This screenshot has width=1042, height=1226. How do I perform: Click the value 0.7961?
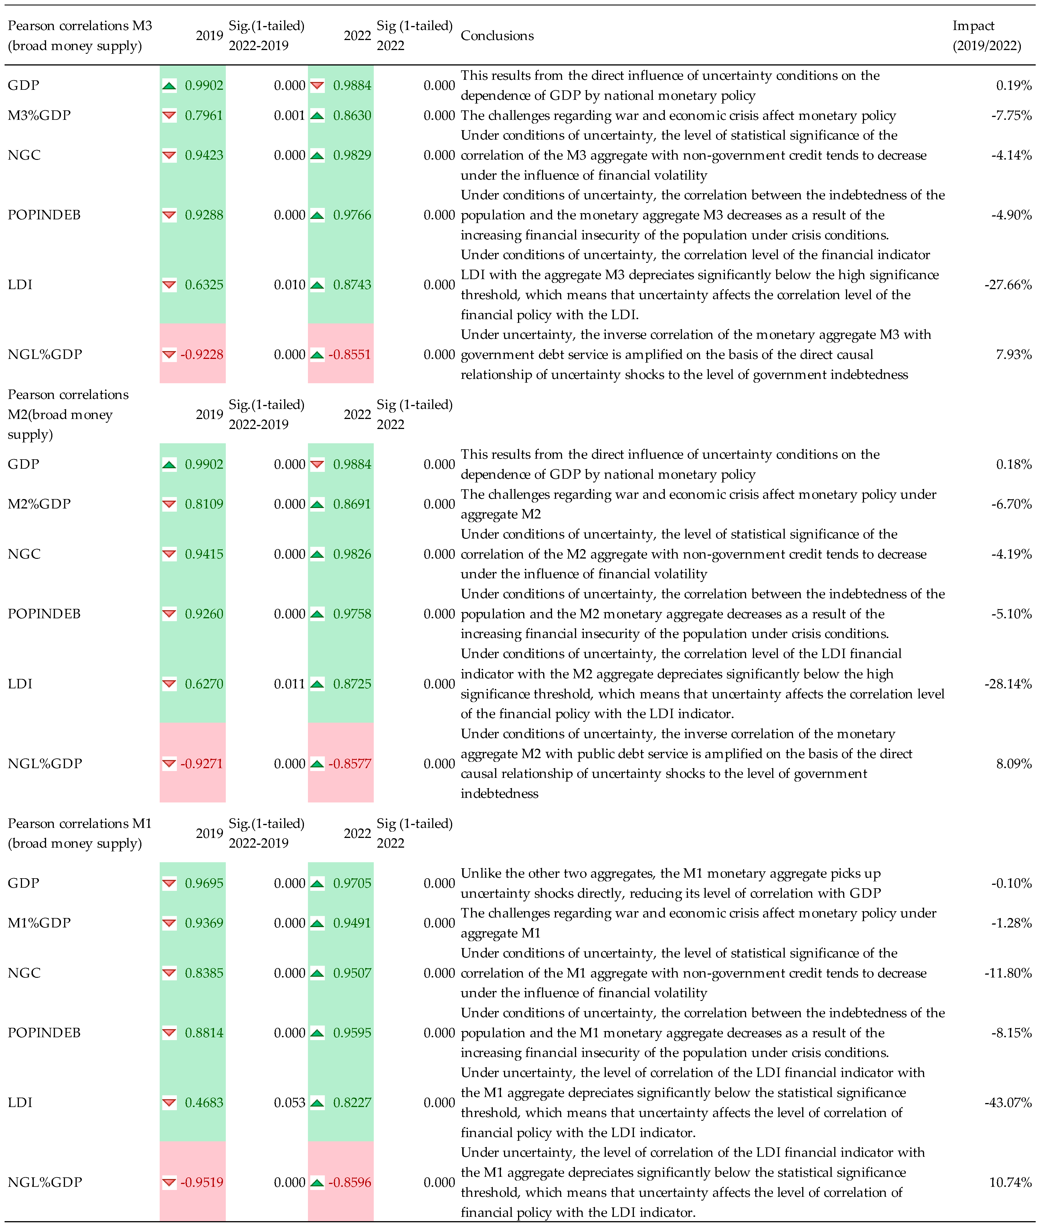(204, 116)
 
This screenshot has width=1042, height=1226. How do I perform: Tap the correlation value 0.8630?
(352, 116)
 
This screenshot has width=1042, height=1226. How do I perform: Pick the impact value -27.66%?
(1008, 285)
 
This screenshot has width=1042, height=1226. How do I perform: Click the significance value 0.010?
(289, 285)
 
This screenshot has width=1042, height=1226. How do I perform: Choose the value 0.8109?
(204, 504)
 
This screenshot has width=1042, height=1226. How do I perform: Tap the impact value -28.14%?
(1008, 684)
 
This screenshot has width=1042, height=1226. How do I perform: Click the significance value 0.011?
(289, 684)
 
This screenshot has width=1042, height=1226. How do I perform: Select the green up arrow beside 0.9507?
(317, 973)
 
